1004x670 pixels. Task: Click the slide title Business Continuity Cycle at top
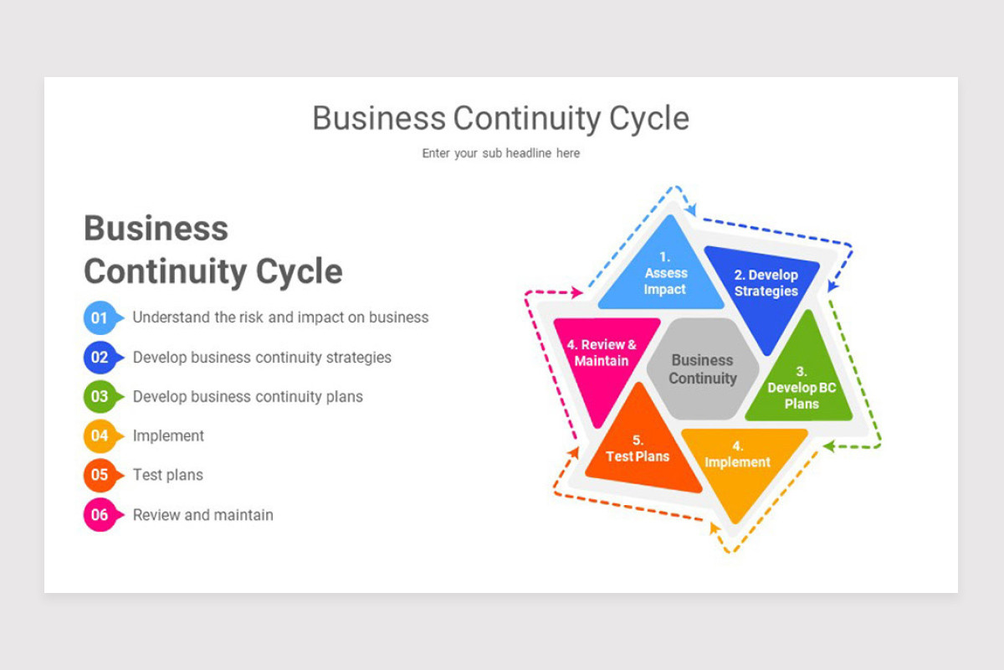500,118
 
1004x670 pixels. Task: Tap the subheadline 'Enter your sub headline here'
500,153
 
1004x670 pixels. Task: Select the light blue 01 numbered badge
103,317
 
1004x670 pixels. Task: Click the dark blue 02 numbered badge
103,358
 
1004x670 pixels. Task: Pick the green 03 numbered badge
103,397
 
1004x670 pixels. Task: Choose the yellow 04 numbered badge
103,435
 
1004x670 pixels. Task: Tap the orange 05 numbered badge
103,475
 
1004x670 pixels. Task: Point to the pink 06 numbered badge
103,515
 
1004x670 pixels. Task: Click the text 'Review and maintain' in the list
203,515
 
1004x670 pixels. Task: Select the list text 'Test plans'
168,475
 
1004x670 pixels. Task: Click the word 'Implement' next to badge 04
168,435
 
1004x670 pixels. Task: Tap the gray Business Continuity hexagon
703,368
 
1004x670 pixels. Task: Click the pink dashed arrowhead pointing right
576,292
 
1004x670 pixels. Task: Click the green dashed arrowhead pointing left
829,446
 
